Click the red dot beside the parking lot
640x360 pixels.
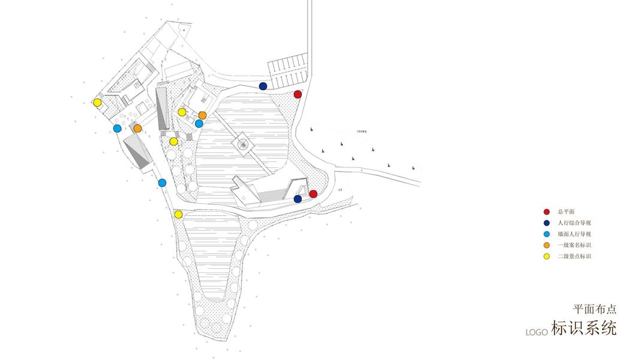(298, 94)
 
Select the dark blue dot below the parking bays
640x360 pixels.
(263, 86)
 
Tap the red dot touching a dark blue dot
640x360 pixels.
(313, 194)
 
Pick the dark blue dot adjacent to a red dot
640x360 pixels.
(298, 199)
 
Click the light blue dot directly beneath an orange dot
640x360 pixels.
(199, 124)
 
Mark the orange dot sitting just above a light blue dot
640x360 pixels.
(202, 115)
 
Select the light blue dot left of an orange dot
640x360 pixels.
(118, 128)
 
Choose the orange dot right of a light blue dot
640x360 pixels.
(137, 128)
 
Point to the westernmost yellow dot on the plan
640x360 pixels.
(97, 103)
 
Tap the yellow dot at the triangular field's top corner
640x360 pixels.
(178, 214)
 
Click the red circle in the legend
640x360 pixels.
(546, 212)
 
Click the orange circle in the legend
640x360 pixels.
(546, 245)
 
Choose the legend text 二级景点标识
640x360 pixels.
(574, 257)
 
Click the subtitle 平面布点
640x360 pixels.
(594, 310)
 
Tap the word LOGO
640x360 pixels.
(537, 332)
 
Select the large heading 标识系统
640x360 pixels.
(584, 329)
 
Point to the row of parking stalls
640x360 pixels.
(287, 70)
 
